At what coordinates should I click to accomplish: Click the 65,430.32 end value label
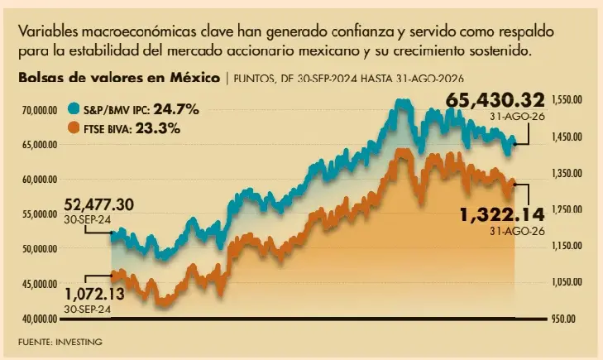(x=495, y=100)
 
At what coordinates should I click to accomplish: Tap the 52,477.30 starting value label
(x=98, y=204)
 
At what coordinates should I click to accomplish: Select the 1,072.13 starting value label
(x=94, y=295)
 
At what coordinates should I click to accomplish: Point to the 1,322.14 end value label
(x=503, y=214)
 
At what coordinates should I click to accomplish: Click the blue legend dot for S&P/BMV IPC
(x=74, y=109)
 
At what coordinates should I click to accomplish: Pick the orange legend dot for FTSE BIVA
(x=74, y=127)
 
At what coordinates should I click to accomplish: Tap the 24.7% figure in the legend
(x=176, y=109)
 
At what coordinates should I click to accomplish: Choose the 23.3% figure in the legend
(x=158, y=128)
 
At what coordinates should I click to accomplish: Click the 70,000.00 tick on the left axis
(x=40, y=111)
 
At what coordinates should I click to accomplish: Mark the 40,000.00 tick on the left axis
(x=40, y=319)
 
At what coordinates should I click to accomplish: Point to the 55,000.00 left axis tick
(x=40, y=214)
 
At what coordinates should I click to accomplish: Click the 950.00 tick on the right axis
(x=564, y=319)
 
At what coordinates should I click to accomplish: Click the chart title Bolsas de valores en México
(x=119, y=78)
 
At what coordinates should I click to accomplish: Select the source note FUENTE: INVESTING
(x=60, y=342)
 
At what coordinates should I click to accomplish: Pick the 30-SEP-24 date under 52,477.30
(x=88, y=219)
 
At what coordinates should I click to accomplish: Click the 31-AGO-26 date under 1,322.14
(x=517, y=231)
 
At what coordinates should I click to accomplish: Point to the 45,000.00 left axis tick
(x=40, y=284)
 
